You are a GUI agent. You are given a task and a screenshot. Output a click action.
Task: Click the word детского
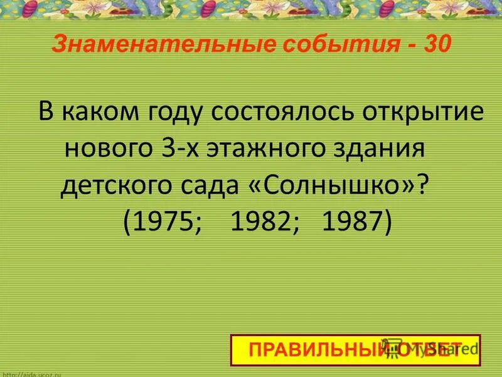tap(118, 187)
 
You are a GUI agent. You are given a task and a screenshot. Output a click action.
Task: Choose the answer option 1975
tap(164, 222)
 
